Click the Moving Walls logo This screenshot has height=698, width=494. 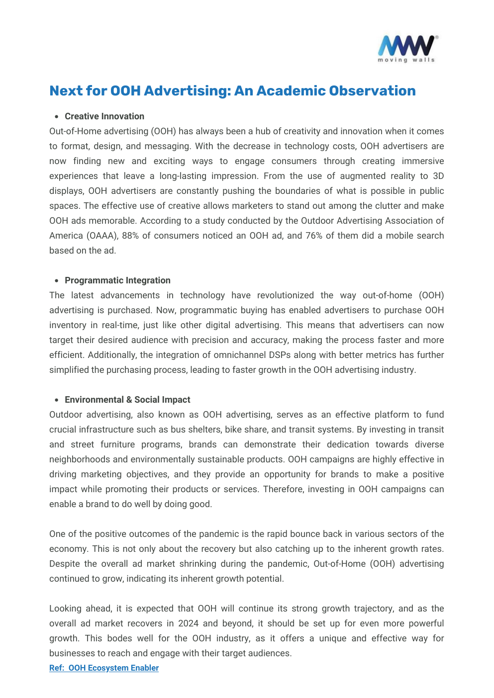coord(407,49)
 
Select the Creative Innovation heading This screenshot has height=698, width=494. coord(104,116)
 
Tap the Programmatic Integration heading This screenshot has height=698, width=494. coord(117,280)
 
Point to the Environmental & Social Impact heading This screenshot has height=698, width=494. coord(127,400)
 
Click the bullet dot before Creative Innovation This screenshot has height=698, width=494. coord(57,117)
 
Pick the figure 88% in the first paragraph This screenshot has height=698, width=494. coord(130,236)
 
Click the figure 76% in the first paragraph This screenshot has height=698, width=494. coord(314,236)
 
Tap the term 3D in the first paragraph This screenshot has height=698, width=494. coord(438,176)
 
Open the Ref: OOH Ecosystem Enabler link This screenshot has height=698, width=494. coord(104,668)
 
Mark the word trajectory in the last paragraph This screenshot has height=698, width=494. coord(371,609)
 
